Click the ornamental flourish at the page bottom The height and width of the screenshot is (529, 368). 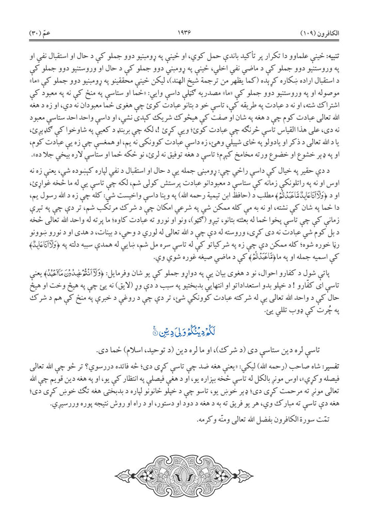[184, 473]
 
